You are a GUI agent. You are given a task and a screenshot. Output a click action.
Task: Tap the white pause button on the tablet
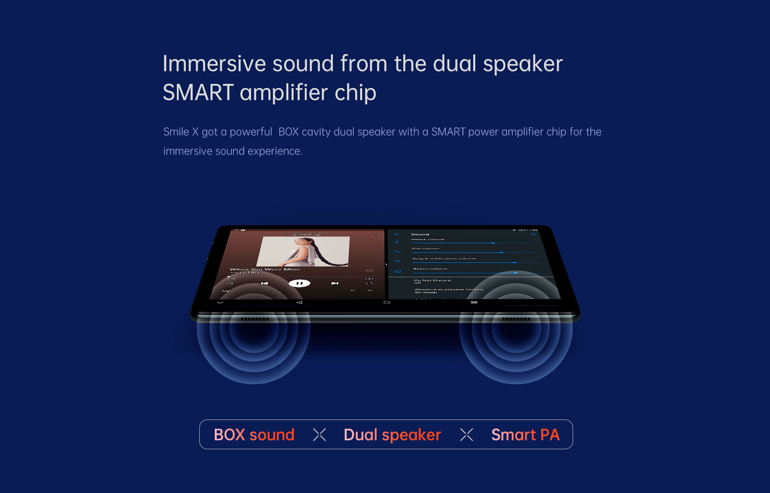(299, 283)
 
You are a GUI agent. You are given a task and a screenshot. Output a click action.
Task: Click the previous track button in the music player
(264, 283)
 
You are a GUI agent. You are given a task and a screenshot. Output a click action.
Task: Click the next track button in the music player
(335, 283)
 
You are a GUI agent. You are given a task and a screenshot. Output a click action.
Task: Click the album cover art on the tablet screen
(304, 251)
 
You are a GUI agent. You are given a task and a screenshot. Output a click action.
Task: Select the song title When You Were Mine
(265, 269)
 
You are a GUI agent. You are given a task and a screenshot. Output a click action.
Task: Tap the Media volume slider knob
(493, 243)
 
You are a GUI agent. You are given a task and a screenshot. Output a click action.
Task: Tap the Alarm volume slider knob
(516, 273)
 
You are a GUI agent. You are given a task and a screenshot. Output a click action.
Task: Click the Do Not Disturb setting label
(432, 280)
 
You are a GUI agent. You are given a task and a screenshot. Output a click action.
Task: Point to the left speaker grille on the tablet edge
(255, 319)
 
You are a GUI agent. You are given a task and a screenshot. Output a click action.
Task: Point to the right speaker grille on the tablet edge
(516, 319)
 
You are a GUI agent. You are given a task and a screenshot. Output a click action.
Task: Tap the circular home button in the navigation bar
(387, 302)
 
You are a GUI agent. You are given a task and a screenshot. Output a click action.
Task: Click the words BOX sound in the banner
(254, 435)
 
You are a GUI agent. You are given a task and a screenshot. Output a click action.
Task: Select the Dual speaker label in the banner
(392, 435)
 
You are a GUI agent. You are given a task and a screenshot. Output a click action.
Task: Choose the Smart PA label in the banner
(525, 435)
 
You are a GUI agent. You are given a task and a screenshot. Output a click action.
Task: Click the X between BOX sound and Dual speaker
(319, 434)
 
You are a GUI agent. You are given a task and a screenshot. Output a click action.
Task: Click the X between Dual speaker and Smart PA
(466, 434)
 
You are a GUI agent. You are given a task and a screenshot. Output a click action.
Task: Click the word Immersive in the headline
(214, 64)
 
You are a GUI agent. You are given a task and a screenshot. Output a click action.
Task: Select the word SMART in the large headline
(198, 93)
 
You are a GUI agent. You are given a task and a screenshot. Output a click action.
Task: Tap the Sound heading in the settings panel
(420, 234)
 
